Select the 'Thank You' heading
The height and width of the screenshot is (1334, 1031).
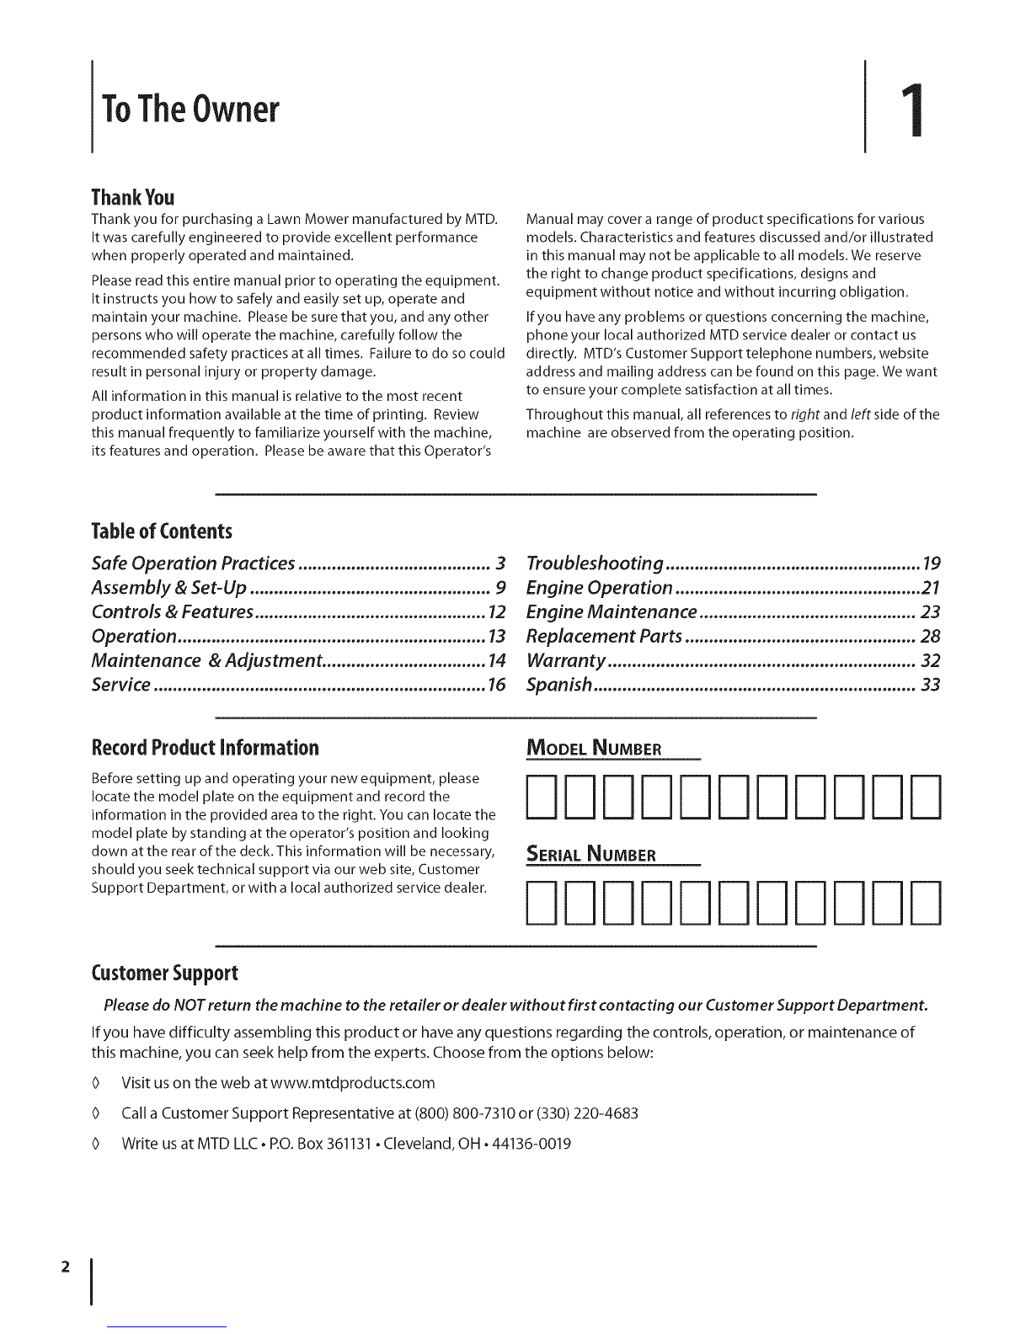tap(132, 198)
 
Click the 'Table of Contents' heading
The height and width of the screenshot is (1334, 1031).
tap(161, 531)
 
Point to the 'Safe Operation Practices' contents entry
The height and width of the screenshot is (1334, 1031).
tap(193, 563)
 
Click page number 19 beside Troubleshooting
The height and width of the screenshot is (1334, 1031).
tap(931, 563)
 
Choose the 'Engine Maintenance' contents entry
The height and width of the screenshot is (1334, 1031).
tap(612, 611)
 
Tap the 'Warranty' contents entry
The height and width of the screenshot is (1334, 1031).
tap(566, 660)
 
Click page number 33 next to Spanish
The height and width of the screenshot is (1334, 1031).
tap(930, 685)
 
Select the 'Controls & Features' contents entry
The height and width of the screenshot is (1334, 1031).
tap(172, 611)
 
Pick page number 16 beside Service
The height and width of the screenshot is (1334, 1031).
tap(496, 685)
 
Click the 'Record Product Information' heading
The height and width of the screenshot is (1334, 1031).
tap(205, 748)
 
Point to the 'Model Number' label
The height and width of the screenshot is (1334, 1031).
tap(594, 749)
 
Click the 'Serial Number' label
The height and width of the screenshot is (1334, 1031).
tap(590, 855)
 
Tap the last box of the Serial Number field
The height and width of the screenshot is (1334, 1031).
tap(925, 901)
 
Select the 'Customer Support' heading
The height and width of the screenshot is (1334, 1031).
tap(164, 974)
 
